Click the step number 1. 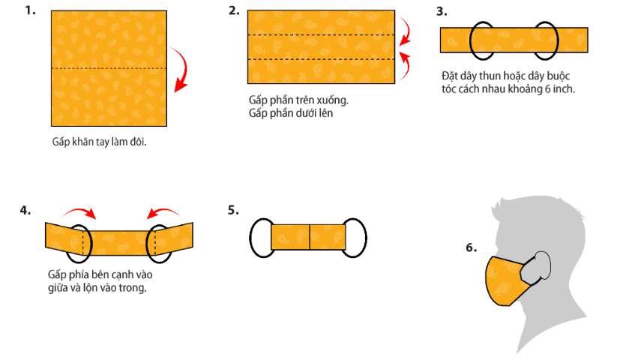pos(30,10)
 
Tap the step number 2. pos(234,10)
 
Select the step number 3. pos(442,11)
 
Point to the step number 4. pos(25,210)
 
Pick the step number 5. pos(233,210)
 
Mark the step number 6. pos(472,247)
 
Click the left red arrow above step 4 pos(80,210)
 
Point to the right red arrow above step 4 pos(163,210)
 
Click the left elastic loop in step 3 pos(470,40)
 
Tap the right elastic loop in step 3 pos(558,40)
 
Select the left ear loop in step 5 pos(250,238)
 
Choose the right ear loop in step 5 pos(366,238)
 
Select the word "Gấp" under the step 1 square pos(61,142)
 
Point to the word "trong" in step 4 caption pos(133,288)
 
